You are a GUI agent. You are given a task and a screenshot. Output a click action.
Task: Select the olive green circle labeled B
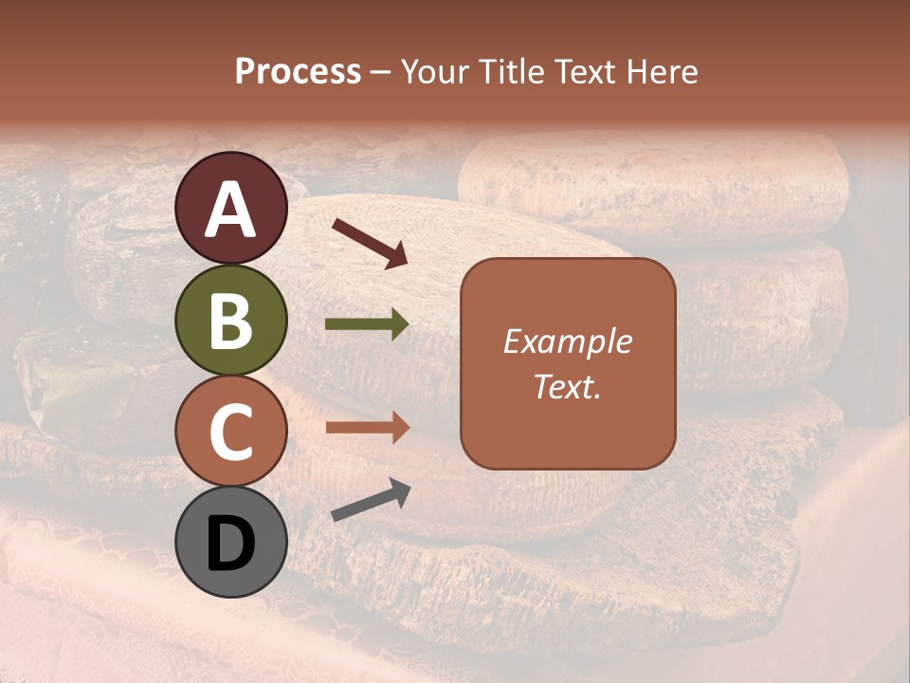[230, 320]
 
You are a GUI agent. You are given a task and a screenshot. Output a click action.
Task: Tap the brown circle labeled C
[230, 431]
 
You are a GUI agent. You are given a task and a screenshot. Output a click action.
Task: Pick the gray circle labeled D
[230, 542]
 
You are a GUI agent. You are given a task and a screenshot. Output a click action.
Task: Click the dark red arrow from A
[370, 243]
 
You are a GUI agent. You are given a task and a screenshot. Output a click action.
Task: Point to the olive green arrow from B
[367, 324]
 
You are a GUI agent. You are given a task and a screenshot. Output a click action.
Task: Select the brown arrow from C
[367, 428]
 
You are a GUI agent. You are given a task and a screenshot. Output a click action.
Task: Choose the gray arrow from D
[371, 500]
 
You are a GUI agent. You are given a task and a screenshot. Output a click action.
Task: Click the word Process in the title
[298, 71]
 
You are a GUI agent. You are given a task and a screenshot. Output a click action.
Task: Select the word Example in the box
[567, 341]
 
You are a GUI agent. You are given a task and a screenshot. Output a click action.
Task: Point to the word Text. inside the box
[567, 386]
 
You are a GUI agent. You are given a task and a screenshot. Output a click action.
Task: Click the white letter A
[230, 210]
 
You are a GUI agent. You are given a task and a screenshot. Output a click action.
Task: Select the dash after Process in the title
[381, 73]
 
